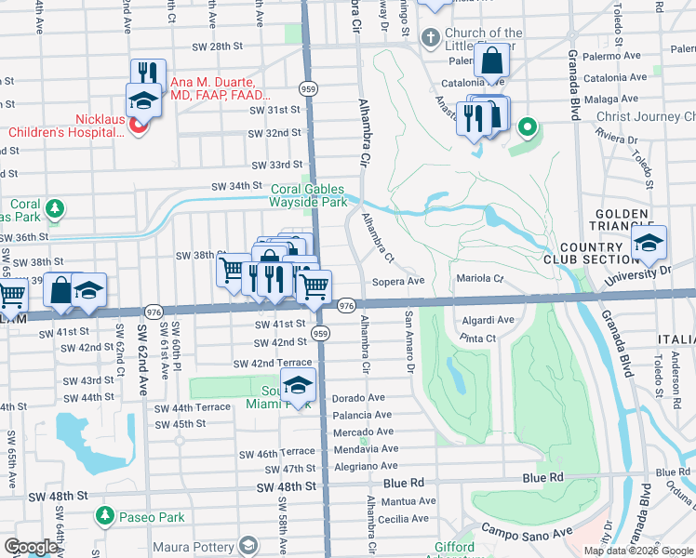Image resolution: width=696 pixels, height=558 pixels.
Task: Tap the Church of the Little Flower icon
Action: [429, 39]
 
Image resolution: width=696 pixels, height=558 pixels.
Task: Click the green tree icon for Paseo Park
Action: [104, 516]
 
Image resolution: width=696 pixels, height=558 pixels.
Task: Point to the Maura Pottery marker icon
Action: [248, 544]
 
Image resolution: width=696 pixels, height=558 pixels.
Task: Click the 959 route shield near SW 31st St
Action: [306, 88]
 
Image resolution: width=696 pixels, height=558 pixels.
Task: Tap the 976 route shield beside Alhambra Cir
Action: [346, 305]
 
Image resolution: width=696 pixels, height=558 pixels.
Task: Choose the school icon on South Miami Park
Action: [298, 385]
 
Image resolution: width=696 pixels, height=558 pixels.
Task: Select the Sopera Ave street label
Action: [398, 280]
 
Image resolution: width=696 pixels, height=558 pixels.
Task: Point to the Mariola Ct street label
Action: [479, 278]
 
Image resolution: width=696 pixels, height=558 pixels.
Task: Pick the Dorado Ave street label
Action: [358, 398]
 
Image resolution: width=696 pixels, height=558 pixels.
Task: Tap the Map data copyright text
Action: [638, 551]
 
